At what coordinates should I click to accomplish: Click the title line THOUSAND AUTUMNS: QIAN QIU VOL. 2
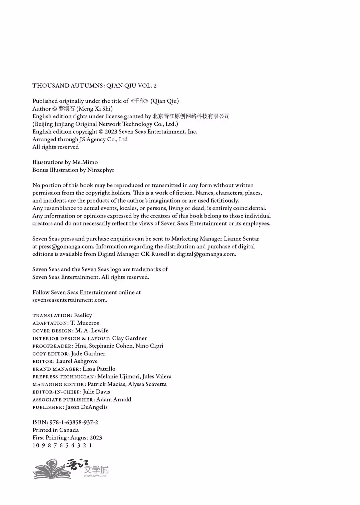[x=94, y=86]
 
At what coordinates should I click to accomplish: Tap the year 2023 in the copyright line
[x=111, y=132]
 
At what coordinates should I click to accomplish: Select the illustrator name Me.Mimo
[x=85, y=162]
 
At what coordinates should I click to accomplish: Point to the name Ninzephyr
[x=101, y=170]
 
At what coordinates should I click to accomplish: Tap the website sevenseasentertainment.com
[x=69, y=300]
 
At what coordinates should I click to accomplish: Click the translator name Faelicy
[x=83, y=315]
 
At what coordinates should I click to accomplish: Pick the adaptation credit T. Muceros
[x=85, y=323]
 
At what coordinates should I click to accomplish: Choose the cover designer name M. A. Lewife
[x=92, y=330]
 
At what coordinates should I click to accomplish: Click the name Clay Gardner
[x=129, y=338]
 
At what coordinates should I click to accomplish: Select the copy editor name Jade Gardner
[x=88, y=353]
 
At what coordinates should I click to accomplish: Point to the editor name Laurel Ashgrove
[x=77, y=361]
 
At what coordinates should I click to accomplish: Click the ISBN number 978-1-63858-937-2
[x=74, y=422]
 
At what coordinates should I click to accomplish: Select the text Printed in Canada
[x=55, y=430]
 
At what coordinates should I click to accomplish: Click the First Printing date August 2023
[x=86, y=438]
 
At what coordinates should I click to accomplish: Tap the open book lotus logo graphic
[x=50, y=469]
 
